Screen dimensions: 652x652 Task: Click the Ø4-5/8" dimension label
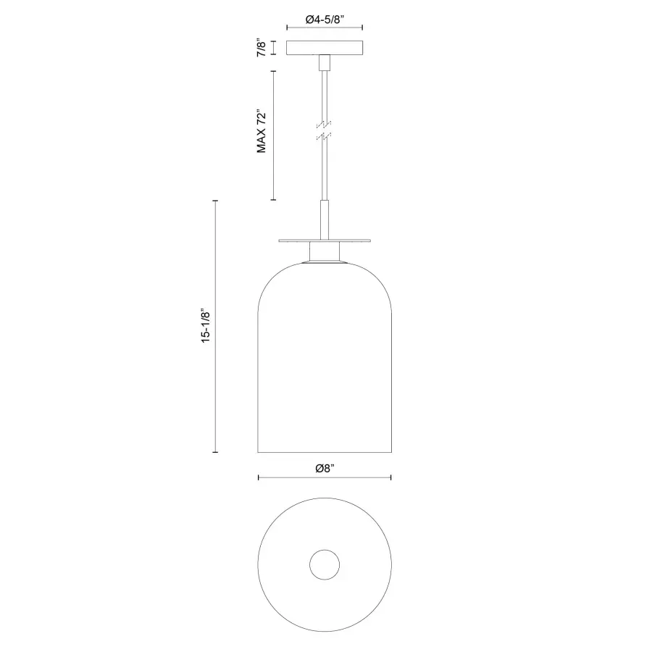click(x=324, y=21)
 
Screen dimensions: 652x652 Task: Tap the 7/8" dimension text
click(x=262, y=49)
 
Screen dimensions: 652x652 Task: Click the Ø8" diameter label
click(x=324, y=469)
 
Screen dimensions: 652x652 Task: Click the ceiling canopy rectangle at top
click(x=325, y=49)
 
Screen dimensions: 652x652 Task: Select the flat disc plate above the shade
click(x=325, y=240)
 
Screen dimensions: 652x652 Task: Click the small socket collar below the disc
click(x=325, y=253)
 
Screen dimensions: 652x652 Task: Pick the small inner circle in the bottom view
click(x=325, y=564)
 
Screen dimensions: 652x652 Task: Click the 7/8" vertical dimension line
click(x=272, y=49)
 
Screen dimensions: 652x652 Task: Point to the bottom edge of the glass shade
click(x=325, y=453)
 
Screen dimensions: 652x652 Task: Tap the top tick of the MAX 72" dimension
click(x=272, y=71)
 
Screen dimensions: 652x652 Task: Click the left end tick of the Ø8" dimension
click(x=259, y=478)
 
